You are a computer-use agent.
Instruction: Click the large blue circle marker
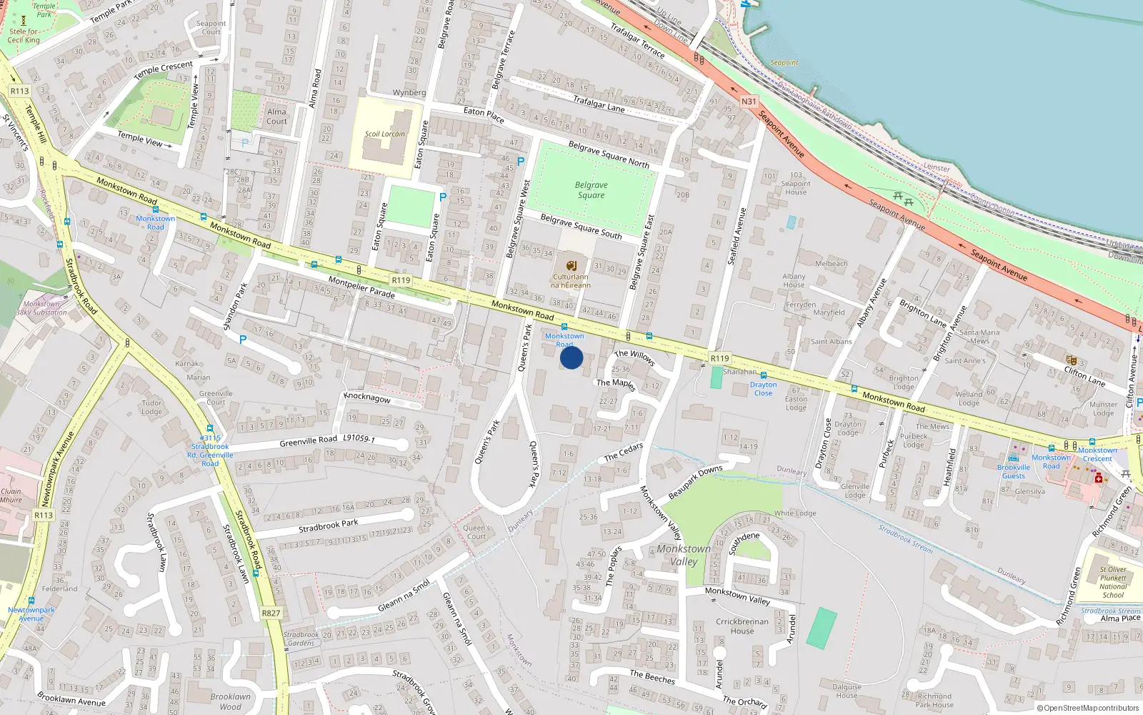[571, 357]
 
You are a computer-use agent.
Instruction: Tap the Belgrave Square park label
[591, 190]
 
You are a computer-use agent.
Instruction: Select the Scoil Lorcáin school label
[384, 134]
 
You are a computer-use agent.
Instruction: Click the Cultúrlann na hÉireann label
[570, 281]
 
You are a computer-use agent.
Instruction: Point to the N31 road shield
[748, 102]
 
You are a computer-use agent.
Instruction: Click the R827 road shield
[271, 613]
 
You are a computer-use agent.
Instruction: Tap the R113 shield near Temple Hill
[19, 91]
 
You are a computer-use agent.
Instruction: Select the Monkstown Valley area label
[684, 555]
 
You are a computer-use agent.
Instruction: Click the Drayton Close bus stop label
[763, 389]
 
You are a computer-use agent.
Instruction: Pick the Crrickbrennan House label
[742, 626]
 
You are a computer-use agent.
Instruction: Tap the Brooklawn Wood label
[230, 701]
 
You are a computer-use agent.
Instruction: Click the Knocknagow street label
[367, 398]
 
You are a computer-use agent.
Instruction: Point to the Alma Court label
[276, 117]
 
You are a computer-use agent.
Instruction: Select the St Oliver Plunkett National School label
[1112, 582]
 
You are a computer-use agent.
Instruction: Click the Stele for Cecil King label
[24, 36]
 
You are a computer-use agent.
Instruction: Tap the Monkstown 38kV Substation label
[41, 308]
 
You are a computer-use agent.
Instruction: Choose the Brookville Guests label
[1013, 471]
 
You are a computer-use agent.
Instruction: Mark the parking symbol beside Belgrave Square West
[521, 162]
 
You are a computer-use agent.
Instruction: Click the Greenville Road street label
[308, 441]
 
